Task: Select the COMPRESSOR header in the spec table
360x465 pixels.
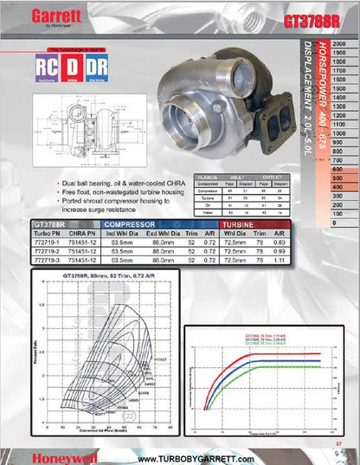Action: (x=132, y=224)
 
